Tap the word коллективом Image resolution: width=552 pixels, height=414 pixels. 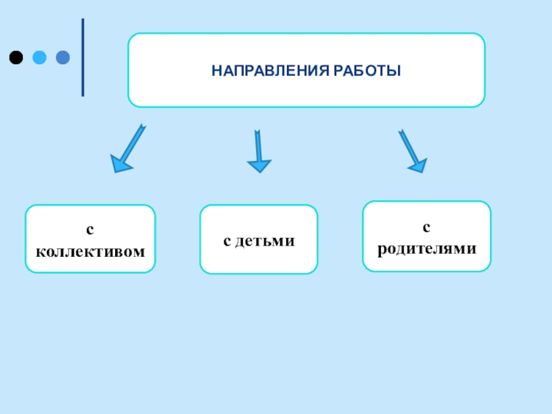point(90,250)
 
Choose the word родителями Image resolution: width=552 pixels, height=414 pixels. point(427,247)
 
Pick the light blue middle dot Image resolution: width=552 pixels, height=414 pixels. point(39,57)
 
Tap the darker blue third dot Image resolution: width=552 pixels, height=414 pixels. point(63,57)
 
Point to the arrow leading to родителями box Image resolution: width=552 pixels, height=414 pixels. point(411,150)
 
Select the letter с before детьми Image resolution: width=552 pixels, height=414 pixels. point(227,241)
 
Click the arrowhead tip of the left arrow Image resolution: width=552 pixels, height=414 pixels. point(115,170)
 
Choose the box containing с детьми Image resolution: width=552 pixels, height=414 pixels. point(259,239)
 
